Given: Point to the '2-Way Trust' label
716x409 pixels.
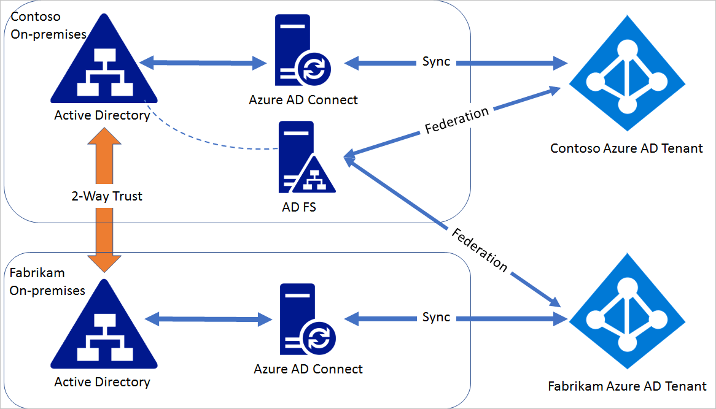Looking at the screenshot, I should tap(106, 196).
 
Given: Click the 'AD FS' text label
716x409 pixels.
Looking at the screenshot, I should tap(299, 207).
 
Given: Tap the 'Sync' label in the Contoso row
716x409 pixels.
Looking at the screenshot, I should tap(436, 62).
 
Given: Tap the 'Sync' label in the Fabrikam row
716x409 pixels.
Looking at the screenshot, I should tap(436, 318).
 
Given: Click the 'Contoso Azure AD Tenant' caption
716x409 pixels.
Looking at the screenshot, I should tap(626, 148).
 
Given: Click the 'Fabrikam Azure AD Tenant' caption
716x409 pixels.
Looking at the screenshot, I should tap(626, 387).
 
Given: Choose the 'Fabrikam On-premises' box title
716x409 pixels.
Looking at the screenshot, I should tap(47, 281).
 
